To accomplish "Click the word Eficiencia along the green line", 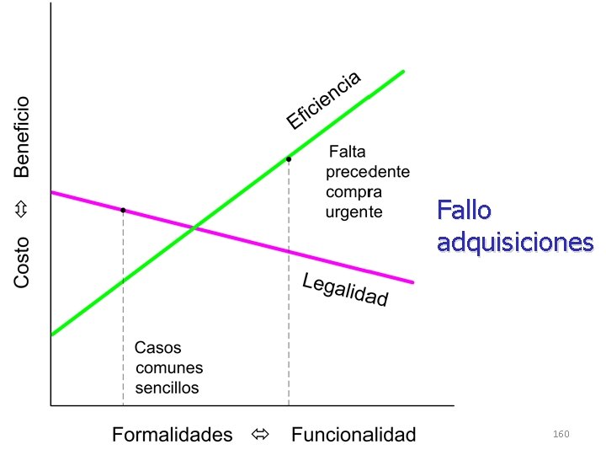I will (324, 100).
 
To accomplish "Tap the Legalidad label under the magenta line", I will (345, 290).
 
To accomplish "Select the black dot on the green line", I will (289, 158).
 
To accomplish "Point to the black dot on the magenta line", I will (123, 210).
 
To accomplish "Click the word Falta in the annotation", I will (347, 152).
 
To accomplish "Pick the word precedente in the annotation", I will (368, 172).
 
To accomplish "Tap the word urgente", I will (354, 211).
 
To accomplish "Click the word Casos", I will (158, 347).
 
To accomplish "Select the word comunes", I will (169, 367).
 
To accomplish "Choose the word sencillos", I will (167, 388).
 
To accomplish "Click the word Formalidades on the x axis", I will (173, 435).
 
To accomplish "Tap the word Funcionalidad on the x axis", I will (353, 435).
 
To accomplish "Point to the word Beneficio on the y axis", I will (22, 136).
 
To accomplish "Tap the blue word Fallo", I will (464, 211).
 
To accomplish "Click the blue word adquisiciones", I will (515, 243).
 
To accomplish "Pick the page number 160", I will (561, 434).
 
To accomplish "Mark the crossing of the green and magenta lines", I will (195, 227).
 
